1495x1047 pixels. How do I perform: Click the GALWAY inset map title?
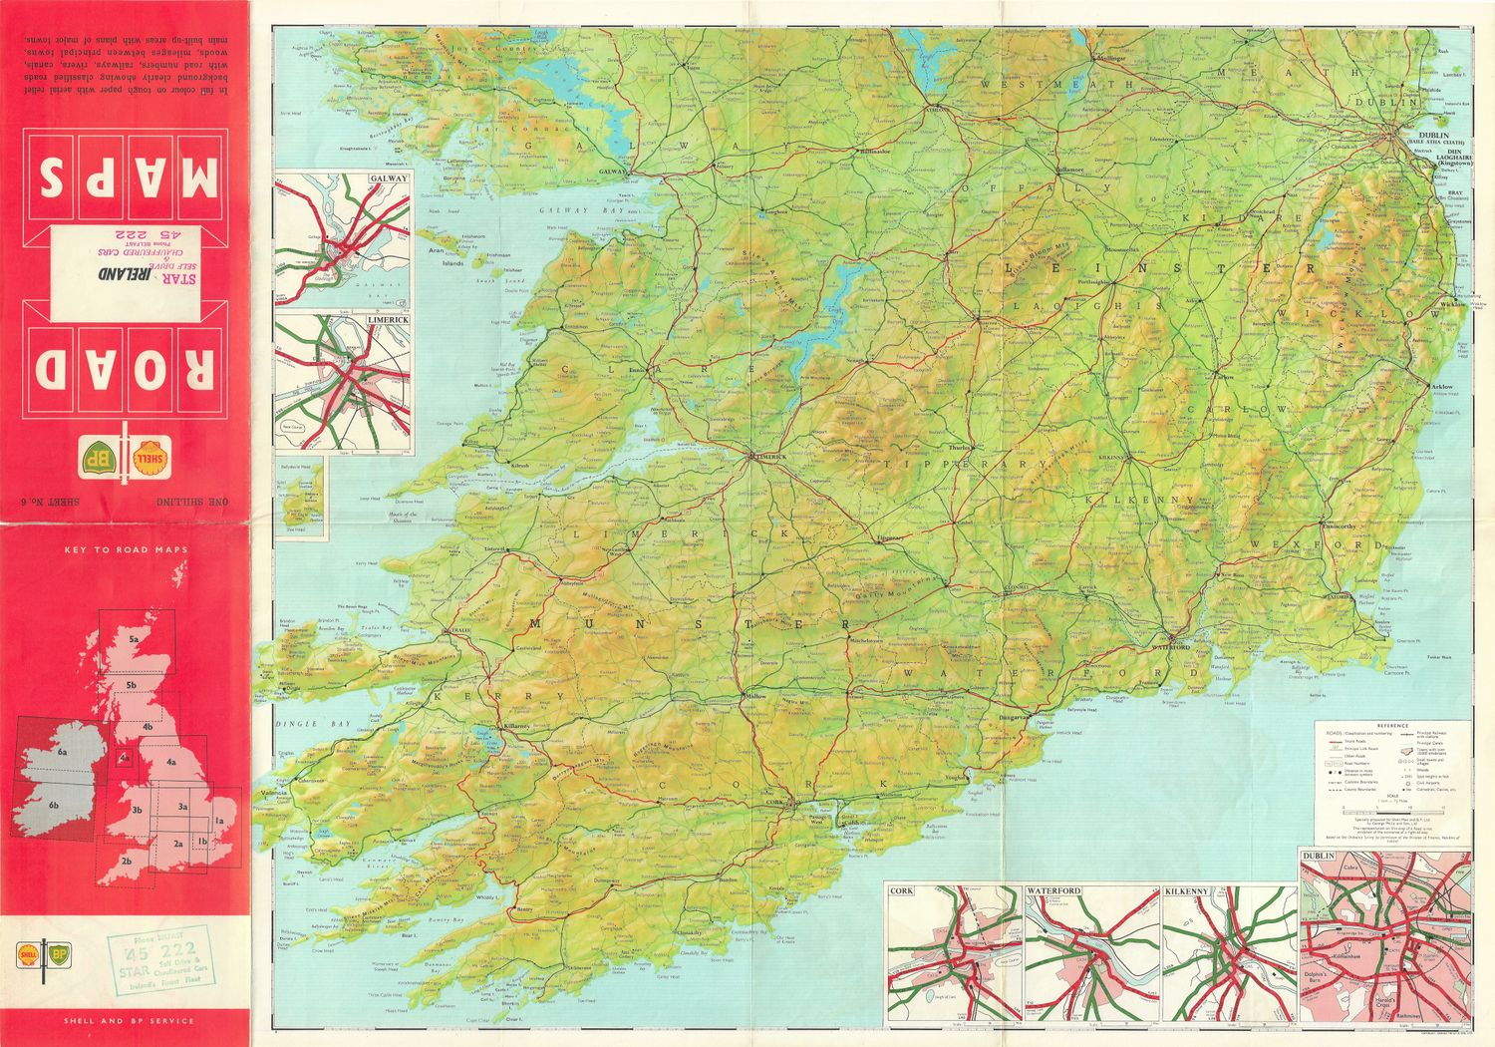coord(388,178)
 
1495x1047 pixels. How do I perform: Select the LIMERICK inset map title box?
coord(388,320)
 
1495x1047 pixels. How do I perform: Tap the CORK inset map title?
coord(901,890)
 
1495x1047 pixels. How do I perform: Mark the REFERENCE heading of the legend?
coord(1391,725)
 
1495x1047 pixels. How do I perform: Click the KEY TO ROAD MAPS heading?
coord(125,549)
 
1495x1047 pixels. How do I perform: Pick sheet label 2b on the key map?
coord(126,860)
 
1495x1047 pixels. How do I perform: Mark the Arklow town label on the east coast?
coord(1442,386)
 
